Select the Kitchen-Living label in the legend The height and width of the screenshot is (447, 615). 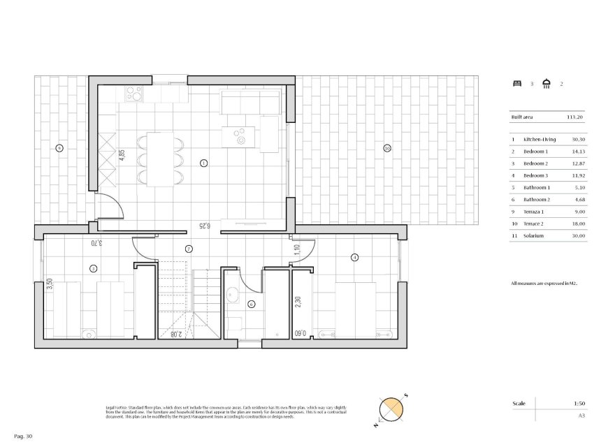pos(540,140)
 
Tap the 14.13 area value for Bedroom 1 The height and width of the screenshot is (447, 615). pos(578,152)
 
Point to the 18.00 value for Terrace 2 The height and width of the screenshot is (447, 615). pos(578,224)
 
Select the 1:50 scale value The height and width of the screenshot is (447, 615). pos(578,404)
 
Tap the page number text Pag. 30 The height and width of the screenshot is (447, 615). pos(23,436)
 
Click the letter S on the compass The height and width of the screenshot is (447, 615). pos(405,396)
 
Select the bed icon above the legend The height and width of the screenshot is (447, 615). pos(517,84)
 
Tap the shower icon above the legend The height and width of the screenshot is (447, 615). pos(547,84)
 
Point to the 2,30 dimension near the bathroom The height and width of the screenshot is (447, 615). pos(297,303)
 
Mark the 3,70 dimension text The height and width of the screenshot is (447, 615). pos(95,243)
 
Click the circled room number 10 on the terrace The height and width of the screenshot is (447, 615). pos(386,148)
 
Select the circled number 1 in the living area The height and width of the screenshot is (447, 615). pos(203,163)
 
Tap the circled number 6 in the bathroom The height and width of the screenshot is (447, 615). pos(251,304)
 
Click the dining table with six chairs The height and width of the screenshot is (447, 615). pos(160,159)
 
